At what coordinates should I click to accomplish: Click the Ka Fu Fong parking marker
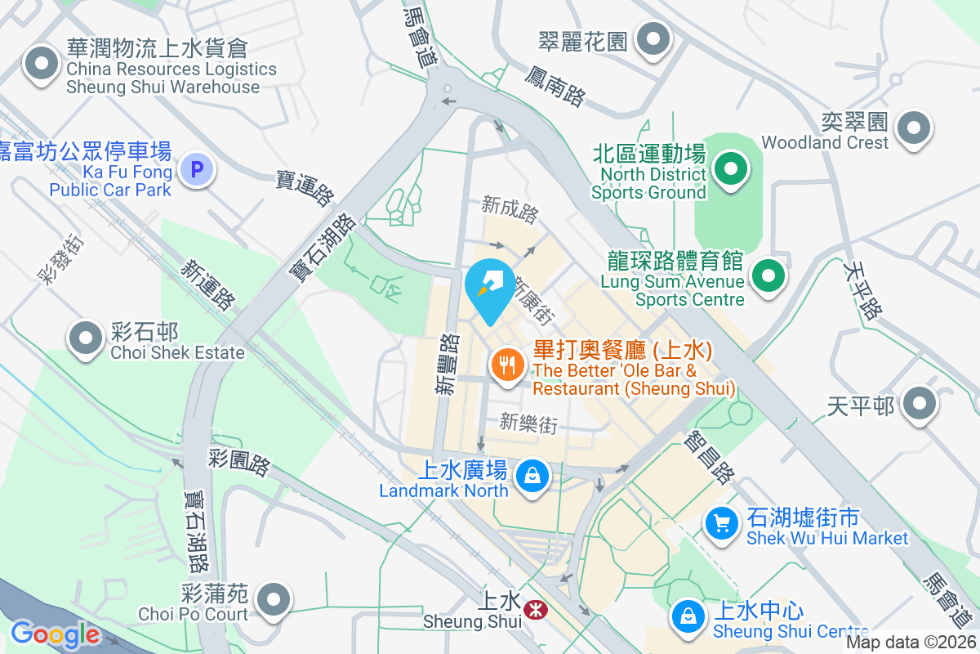point(196,170)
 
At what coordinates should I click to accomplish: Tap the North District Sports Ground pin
point(731,170)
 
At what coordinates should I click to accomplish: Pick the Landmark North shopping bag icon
point(532,474)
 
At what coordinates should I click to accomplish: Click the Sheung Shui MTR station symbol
point(536,610)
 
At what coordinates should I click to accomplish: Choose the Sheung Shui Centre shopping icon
point(688,616)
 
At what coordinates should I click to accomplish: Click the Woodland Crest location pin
point(913,128)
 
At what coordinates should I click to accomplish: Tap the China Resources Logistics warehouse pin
point(40,63)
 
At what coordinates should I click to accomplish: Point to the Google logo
point(55,634)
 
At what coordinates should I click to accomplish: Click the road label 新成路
point(510,209)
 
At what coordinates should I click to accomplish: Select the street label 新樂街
point(528,423)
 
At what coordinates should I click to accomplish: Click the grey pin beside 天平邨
point(920,403)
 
